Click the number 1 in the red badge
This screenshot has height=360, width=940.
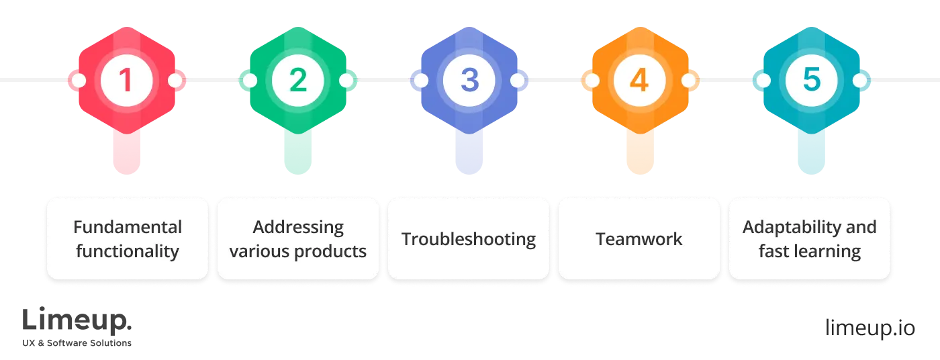tap(126, 81)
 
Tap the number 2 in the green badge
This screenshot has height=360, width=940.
tap(297, 81)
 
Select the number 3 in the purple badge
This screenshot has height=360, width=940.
tap(469, 81)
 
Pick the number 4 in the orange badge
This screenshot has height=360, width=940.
tap(639, 81)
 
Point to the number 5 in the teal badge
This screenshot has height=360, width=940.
tap(810, 81)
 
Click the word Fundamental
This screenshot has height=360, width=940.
tap(128, 227)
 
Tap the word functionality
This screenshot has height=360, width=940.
tap(128, 251)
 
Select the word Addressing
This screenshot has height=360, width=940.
tap(298, 227)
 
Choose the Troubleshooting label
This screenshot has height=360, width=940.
tap(469, 239)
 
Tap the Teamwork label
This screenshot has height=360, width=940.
tap(639, 239)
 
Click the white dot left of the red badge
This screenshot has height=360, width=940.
tap(79, 81)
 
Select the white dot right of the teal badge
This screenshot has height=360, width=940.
tap(859, 81)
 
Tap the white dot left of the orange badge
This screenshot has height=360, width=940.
tap(591, 81)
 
